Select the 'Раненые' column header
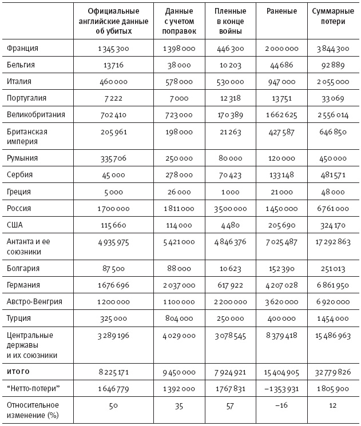(281, 11)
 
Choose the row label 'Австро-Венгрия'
(34, 301)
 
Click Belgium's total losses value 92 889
(329, 66)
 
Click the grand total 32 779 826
(329, 372)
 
